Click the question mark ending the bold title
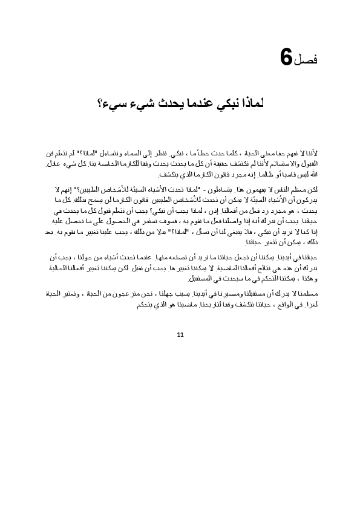pos(100,103)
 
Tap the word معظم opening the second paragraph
pos(304,190)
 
